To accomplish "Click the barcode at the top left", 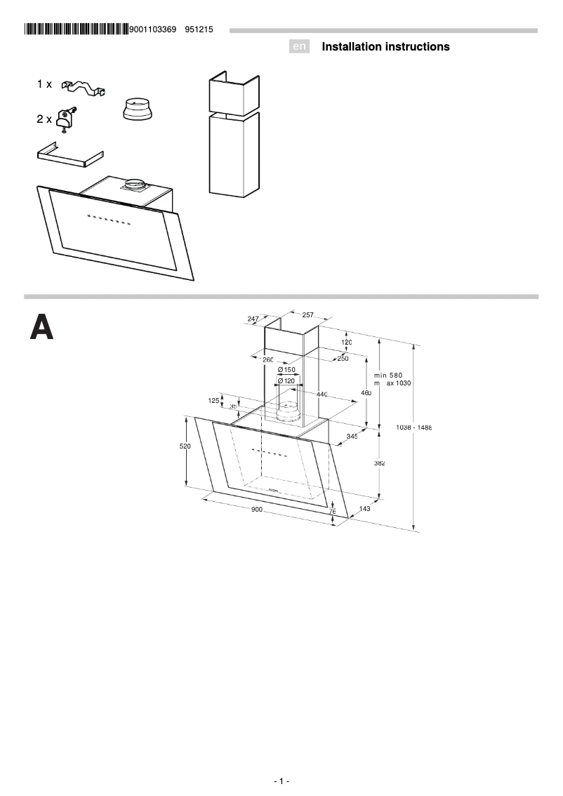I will tap(77, 29).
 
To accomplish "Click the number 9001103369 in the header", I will tap(152, 29).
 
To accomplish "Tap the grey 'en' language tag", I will tap(300, 47).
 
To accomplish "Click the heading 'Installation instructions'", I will tap(385, 47).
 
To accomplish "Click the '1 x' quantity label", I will tap(44, 84).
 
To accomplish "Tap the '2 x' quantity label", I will tap(44, 119).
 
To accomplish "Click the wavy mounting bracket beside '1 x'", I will tap(84, 87).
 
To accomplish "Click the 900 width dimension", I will tap(256, 510).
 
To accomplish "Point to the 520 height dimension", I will tap(185, 446).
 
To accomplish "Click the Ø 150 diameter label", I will tap(286, 369).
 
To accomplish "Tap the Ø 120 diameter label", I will tap(286, 380).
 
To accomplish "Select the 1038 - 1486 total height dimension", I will tap(413, 427).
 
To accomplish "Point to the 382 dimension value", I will tap(380, 463).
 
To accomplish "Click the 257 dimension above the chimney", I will tap(307, 315).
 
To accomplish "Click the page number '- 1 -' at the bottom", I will tap(281, 781).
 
